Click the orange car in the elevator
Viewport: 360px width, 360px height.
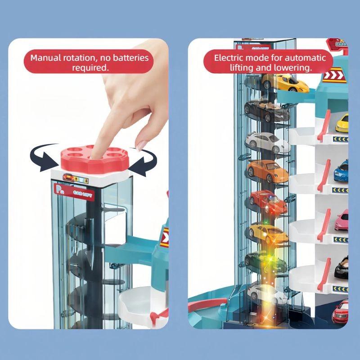point(268,171)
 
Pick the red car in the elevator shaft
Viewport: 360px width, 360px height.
point(269,201)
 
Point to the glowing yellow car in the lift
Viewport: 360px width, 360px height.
point(267,232)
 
